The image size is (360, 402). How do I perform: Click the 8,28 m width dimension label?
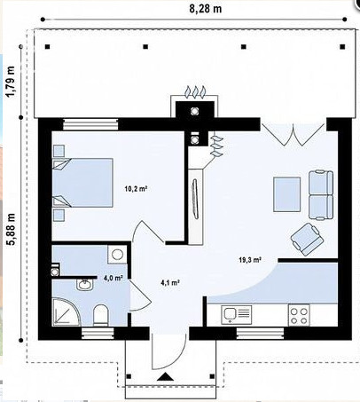pyautogui.click(x=205, y=9)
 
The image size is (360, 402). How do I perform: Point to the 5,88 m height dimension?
pyautogui.click(x=11, y=229)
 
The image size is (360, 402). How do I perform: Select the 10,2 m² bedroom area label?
pyautogui.click(x=137, y=188)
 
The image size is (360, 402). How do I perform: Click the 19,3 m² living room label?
pyautogui.click(x=250, y=260)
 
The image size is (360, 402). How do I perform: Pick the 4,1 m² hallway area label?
pyautogui.click(x=170, y=282)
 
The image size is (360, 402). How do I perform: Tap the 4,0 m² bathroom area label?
pyautogui.click(x=113, y=278)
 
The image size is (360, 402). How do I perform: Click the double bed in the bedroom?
pyautogui.click(x=82, y=183)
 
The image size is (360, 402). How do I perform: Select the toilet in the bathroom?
pyautogui.click(x=100, y=315)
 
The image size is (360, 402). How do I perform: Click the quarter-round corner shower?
pyautogui.click(x=66, y=312)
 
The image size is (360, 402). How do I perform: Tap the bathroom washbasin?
pyautogui.click(x=85, y=285)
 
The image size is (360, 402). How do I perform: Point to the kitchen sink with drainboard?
pyautogui.click(x=237, y=315)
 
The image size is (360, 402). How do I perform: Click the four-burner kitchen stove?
pyautogui.click(x=299, y=315)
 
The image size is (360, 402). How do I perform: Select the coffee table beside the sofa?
pyautogui.click(x=286, y=194)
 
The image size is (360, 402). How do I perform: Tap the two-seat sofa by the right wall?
pyautogui.click(x=321, y=195)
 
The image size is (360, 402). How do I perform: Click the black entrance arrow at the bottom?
pyautogui.click(x=165, y=377)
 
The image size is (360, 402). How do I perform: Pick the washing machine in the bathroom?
pyautogui.click(x=117, y=254)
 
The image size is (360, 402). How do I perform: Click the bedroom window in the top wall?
pyautogui.click(x=90, y=124)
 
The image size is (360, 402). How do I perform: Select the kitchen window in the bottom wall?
pyautogui.click(x=261, y=334)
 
